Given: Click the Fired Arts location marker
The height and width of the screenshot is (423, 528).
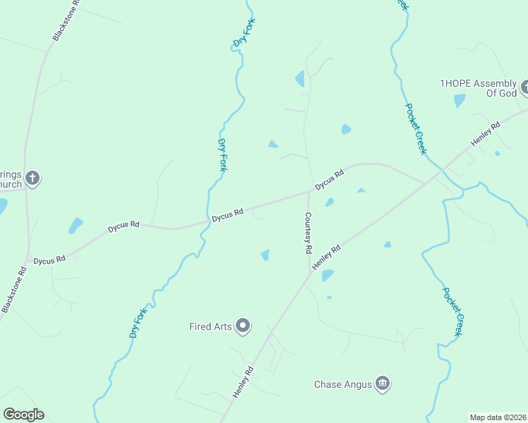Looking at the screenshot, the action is [x=244, y=325].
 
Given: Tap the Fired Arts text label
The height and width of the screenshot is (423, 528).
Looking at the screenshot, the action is [x=210, y=326].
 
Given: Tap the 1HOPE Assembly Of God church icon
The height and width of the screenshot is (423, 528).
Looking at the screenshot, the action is [x=525, y=88].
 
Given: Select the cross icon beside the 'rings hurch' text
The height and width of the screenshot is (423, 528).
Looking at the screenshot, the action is [x=32, y=178].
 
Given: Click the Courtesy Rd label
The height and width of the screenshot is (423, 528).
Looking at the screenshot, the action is [x=308, y=233].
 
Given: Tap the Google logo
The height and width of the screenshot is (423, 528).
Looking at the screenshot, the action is [x=23, y=415].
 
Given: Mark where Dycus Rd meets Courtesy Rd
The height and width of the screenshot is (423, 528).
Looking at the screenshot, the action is [x=308, y=191].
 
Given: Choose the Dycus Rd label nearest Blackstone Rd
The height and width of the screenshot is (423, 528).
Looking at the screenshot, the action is [x=49, y=260].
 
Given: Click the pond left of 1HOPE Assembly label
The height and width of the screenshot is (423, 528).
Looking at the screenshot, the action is [x=460, y=101].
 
